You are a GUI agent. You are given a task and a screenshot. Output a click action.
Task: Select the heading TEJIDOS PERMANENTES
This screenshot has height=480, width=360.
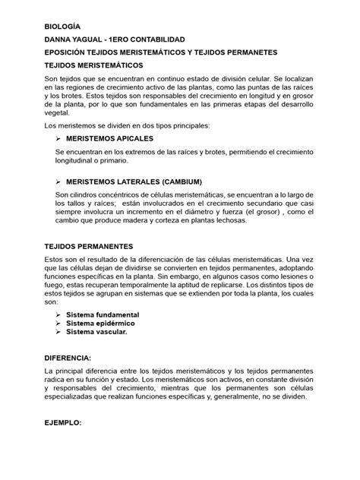tap(90, 247)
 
